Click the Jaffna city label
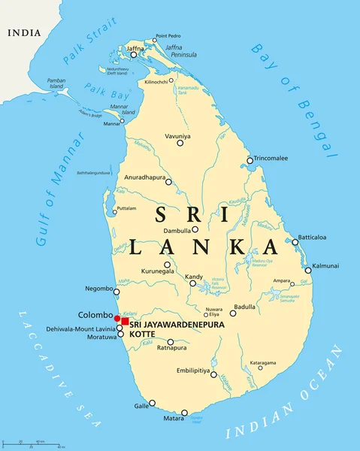136,47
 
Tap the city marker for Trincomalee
250,159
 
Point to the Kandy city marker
192,283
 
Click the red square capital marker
125,322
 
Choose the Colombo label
95,315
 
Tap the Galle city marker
152,403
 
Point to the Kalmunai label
325,265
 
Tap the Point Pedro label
168,36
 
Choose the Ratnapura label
171,348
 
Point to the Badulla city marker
233,313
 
